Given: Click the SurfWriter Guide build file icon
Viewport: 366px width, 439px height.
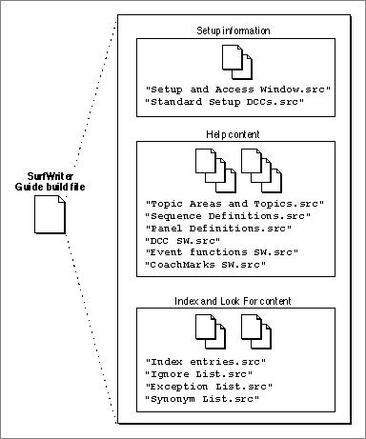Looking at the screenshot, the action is click(50, 214).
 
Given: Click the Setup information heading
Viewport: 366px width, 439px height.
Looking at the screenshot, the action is click(234, 30).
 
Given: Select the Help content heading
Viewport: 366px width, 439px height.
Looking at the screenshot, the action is click(233, 134).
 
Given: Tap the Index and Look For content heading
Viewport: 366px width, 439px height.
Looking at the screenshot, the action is click(233, 301).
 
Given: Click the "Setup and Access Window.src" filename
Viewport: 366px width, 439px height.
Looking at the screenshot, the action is click(238, 90).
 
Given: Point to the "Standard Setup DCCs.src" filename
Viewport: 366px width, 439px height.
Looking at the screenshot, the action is click(225, 102).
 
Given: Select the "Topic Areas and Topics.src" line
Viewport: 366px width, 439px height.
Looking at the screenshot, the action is click(234, 204).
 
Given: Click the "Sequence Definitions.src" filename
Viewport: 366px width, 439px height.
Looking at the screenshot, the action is click(228, 216).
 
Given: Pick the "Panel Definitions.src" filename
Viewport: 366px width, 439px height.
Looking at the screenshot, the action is click(218, 229).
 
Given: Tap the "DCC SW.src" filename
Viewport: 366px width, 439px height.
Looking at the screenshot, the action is click(183, 241).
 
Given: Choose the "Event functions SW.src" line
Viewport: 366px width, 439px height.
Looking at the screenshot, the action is click(221, 252).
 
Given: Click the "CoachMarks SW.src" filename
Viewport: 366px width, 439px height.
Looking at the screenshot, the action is click(205, 265).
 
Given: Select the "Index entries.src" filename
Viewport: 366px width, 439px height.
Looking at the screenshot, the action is click(205, 362).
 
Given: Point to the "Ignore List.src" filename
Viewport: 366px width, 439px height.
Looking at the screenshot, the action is click(199, 374).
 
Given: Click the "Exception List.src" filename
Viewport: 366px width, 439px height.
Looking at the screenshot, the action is click(209, 387).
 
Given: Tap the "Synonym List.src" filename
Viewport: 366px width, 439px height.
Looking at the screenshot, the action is click(202, 399).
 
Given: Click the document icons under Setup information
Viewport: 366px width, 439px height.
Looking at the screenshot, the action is click(237, 62).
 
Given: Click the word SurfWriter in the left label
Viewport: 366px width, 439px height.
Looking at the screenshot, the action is click(51, 176).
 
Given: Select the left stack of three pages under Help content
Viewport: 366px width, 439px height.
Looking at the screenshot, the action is click(215, 170).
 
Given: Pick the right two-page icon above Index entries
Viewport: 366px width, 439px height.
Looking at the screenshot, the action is click(256, 331).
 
